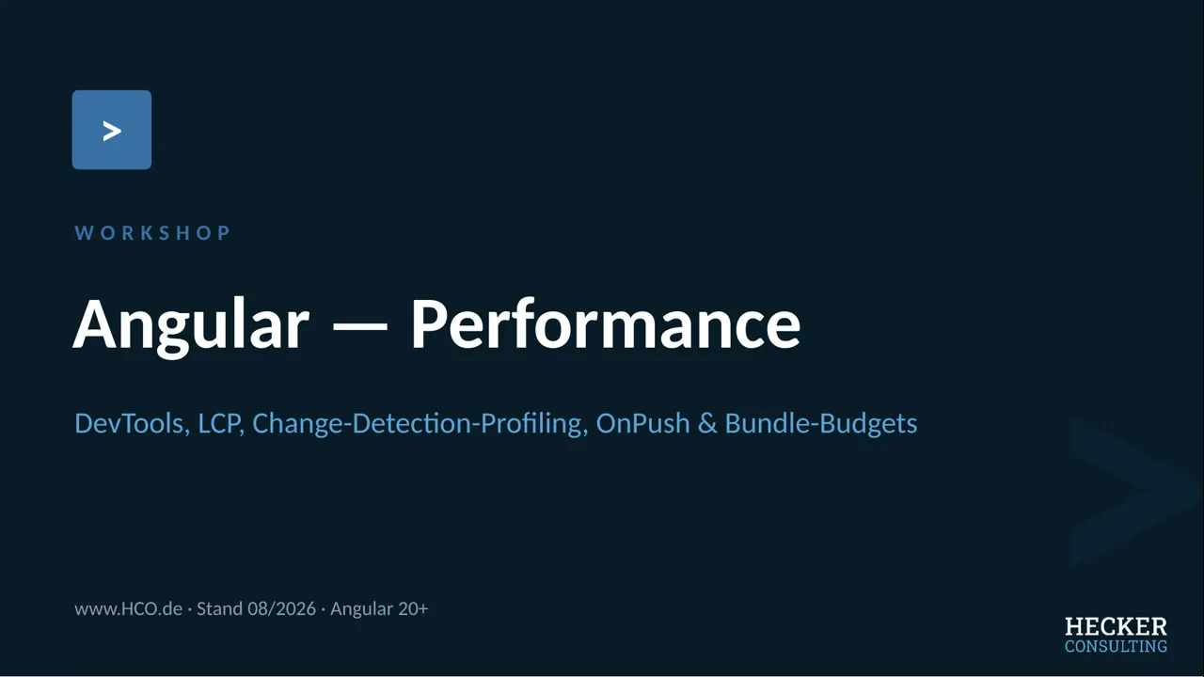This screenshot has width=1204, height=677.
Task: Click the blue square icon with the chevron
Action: point(112,130)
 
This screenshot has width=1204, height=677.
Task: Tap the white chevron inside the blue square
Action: point(112,131)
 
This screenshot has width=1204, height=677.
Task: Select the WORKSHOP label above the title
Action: point(152,232)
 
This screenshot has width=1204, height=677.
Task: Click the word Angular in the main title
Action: point(191,325)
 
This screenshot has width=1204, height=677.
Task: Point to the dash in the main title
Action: point(360,325)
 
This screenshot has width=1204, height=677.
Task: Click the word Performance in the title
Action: point(607,323)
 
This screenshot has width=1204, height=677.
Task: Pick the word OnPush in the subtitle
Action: point(642,423)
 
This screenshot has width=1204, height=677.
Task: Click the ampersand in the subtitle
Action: point(707,423)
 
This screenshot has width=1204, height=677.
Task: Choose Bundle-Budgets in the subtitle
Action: point(821,423)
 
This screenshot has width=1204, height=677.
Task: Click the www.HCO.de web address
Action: point(128,608)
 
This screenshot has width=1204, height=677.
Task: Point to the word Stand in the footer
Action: point(219,608)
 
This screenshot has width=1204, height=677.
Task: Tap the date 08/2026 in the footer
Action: point(281,608)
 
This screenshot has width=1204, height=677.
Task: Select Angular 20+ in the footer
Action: point(379,608)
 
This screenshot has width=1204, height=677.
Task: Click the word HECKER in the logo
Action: point(1116,627)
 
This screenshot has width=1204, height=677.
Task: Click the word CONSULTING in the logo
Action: point(1116,646)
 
